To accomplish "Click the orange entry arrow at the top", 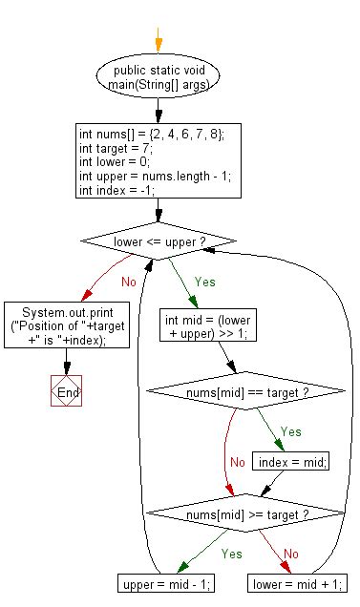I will pyautogui.click(x=159, y=43).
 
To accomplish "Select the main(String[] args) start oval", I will pyautogui.click(x=159, y=77).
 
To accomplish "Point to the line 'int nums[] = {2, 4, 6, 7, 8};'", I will pyautogui.click(x=151, y=135).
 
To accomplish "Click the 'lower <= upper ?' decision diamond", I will pyautogui.click(x=159, y=242).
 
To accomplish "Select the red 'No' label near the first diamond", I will pyautogui.click(x=128, y=283).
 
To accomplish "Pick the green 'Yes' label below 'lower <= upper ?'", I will pyautogui.click(x=204, y=283).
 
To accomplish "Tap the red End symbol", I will pyautogui.click(x=65, y=393).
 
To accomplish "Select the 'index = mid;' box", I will pyautogui.click(x=291, y=461).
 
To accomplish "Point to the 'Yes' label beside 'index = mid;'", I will pyautogui.click(x=292, y=430).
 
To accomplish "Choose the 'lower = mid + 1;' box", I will pyautogui.click(x=296, y=582).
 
